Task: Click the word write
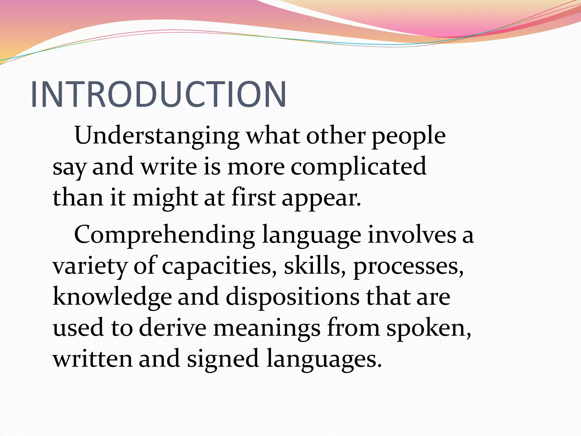169,167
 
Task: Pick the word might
165,198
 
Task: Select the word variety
90,267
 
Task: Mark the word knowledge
112,298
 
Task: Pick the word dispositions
292,298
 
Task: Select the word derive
173,328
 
